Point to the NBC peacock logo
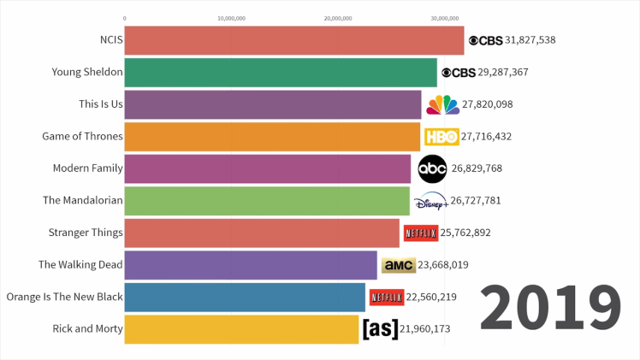point(442,104)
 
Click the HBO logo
point(441,137)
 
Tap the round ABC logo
point(432,168)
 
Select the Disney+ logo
point(430,202)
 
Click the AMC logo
point(398,265)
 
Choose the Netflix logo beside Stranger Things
point(420,233)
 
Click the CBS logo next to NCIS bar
point(485,40)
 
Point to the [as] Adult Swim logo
point(380,328)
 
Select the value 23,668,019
point(443,265)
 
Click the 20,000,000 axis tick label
point(339,17)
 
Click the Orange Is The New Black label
point(64,297)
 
